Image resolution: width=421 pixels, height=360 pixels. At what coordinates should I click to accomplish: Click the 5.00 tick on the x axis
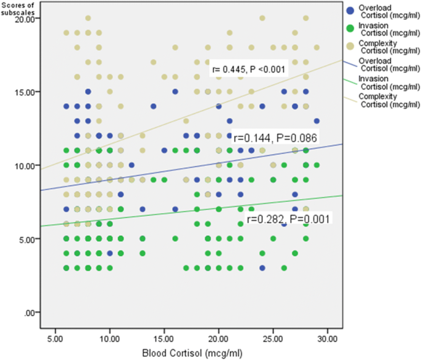click(55, 338)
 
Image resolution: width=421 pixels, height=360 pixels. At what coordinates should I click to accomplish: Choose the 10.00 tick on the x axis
click(109, 338)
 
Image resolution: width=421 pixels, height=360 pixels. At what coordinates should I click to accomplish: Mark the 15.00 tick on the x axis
click(164, 338)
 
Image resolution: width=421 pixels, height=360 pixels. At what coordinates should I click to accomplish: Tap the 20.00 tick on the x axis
click(218, 338)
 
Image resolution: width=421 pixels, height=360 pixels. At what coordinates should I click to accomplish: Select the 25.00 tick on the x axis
click(272, 338)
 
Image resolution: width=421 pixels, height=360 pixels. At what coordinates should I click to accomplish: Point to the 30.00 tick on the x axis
click(327, 338)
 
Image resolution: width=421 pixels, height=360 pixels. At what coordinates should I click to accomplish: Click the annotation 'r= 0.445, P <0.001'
click(248, 69)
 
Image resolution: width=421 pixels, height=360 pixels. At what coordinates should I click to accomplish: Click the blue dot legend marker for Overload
click(350, 10)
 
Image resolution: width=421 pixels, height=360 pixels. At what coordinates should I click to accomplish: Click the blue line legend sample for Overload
click(350, 62)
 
